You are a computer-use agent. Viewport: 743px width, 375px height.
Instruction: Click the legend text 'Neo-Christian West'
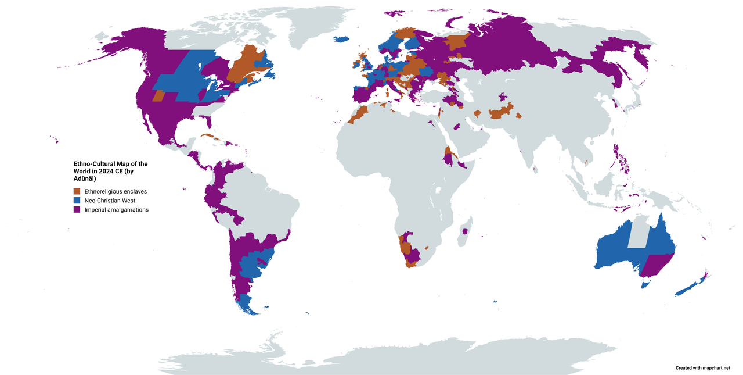point(110,201)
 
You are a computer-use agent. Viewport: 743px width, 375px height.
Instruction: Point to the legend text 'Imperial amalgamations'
point(116,210)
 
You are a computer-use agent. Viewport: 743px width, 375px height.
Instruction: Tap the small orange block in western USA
point(158,96)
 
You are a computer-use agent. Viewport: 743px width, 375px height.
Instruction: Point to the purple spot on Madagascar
point(464,231)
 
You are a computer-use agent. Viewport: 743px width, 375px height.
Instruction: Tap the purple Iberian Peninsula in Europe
point(363,94)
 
